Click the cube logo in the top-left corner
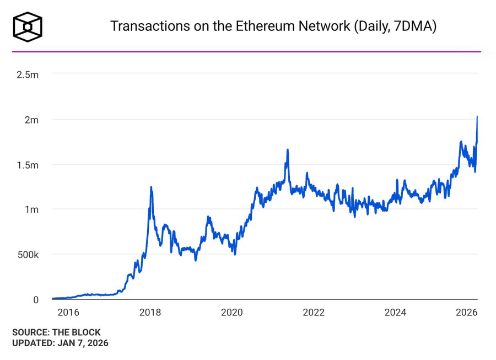(28, 26)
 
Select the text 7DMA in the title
(413, 26)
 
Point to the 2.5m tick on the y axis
(28, 74)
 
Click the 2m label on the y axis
(31, 119)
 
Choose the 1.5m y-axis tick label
(28, 164)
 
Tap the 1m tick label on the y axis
(31, 209)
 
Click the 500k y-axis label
(27, 255)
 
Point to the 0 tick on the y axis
(35, 300)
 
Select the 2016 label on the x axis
(68, 313)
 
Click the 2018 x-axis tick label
(150, 313)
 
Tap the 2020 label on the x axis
(231, 313)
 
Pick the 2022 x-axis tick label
(314, 313)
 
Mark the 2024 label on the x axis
(395, 313)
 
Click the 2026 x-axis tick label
(466, 313)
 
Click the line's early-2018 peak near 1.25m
(151, 187)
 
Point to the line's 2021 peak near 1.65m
(287, 150)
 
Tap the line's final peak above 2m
(477, 117)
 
